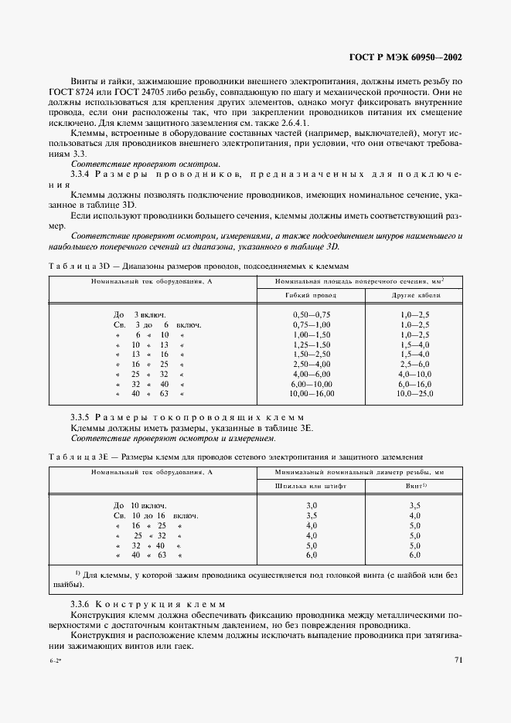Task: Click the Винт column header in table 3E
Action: [x=414, y=487]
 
